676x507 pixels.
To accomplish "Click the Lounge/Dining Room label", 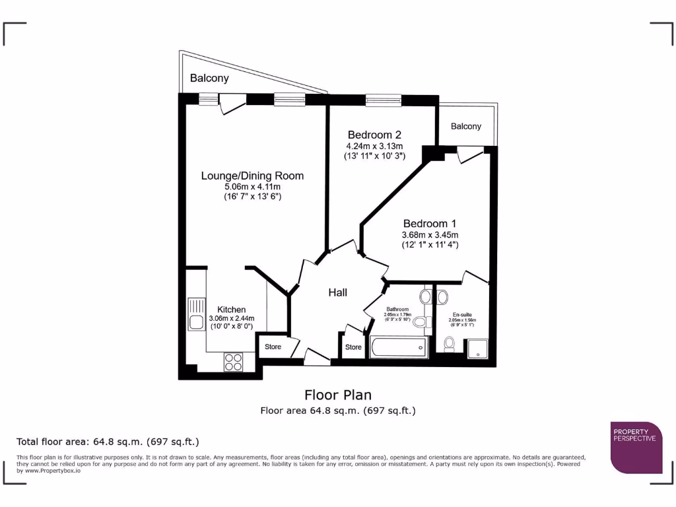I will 252,176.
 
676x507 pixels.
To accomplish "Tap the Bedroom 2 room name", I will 374,135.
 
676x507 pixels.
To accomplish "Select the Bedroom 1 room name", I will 430,223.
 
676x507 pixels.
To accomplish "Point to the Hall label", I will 338,292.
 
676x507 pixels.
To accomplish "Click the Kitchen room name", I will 232,309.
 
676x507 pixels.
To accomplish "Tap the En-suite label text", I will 462,315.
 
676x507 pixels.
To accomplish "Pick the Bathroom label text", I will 397,309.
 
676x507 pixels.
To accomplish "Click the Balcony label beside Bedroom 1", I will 466,126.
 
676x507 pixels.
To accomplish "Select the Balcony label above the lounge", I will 209,78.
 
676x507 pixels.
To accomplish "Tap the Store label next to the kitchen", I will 273,347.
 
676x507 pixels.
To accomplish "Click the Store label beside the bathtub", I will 353,347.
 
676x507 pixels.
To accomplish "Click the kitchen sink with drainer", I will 197,314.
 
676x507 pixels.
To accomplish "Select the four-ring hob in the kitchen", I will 234,361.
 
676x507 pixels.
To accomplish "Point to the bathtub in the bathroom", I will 398,347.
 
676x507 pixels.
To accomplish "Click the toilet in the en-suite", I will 450,344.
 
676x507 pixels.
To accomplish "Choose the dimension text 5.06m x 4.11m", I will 252,187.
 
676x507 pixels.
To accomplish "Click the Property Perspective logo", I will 636,447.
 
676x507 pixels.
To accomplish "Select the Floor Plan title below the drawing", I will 337,395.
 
